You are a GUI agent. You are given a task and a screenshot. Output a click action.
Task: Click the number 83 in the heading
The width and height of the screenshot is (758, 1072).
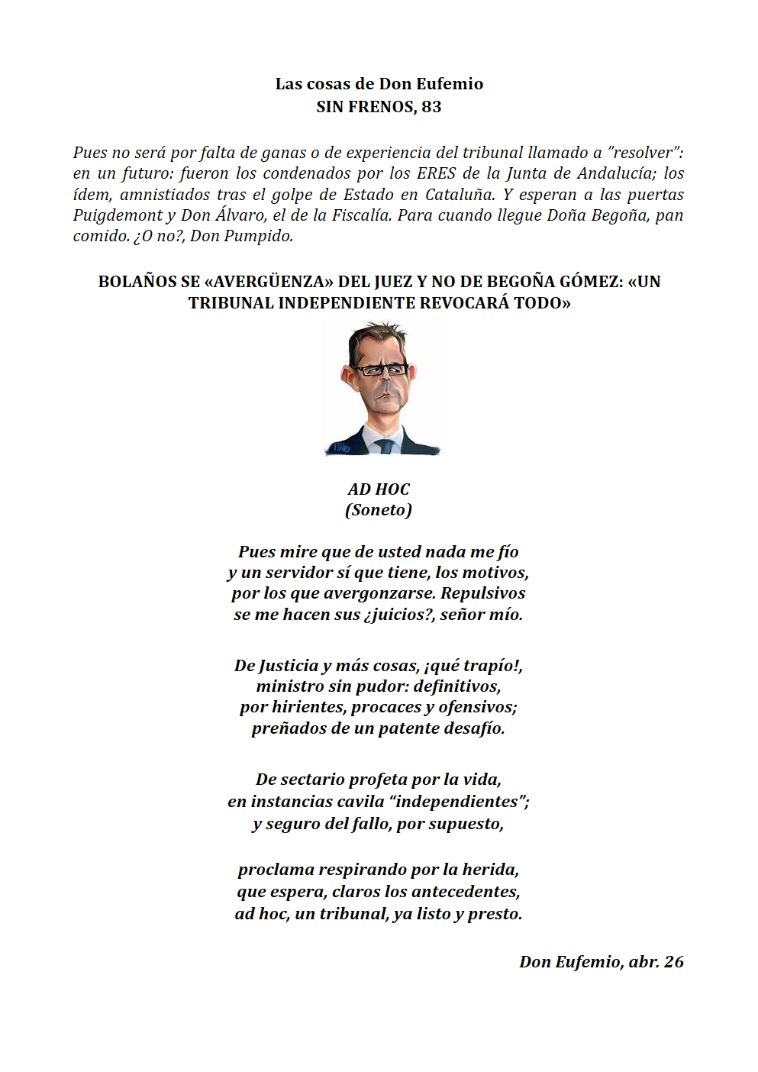point(431,107)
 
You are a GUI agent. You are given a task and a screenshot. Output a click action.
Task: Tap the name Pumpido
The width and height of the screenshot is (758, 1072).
point(262,236)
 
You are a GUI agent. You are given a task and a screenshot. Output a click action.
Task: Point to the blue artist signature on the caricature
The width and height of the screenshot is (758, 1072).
point(338,448)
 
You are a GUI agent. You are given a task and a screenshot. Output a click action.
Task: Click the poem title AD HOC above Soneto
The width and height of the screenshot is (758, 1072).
point(379,489)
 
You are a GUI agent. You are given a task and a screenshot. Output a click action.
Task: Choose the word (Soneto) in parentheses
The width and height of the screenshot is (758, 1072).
point(379,510)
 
